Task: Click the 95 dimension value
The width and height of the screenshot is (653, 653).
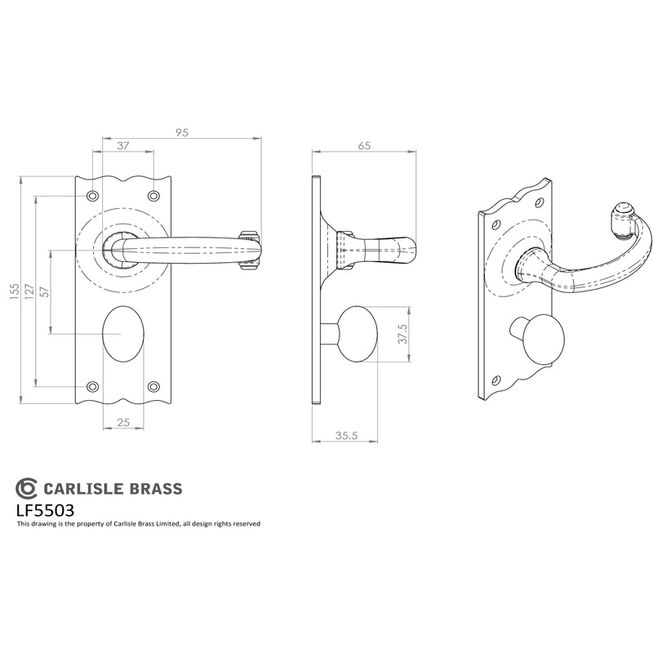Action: [182, 132]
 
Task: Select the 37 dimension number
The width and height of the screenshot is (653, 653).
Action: [123, 146]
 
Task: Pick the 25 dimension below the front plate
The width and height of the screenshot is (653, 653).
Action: [123, 422]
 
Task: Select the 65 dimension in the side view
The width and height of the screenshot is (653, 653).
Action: [364, 146]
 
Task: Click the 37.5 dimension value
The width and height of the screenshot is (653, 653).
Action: [402, 334]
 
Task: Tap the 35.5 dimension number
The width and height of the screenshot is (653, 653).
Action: [346, 436]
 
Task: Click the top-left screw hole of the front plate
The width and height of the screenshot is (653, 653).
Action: [92, 196]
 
